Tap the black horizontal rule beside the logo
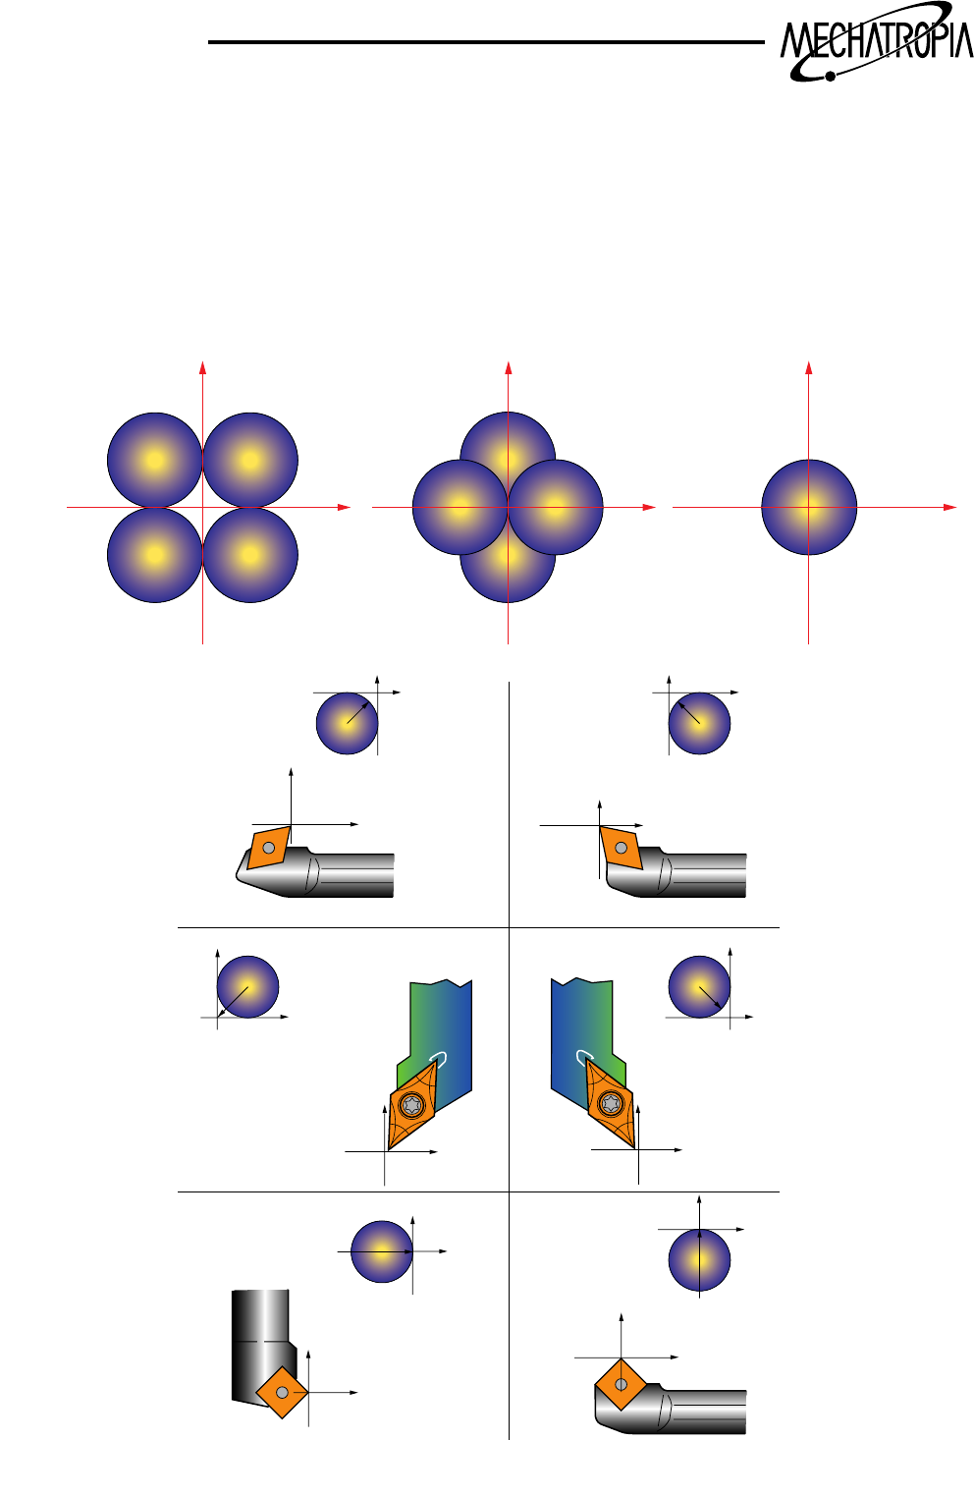(486, 42)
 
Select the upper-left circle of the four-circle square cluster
(154, 460)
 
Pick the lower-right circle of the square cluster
(250, 555)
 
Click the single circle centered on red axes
(809, 507)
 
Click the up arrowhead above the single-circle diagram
(809, 367)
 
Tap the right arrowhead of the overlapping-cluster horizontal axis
(649, 507)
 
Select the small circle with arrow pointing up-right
(347, 723)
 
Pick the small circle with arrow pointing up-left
(699, 723)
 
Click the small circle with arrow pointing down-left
(247, 986)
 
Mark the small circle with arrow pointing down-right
(699, 986)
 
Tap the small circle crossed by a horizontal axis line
(382, 1251)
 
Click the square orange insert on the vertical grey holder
(282, 1392)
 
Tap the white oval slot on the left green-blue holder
(439, 1059)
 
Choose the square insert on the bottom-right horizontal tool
(621, 1384)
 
